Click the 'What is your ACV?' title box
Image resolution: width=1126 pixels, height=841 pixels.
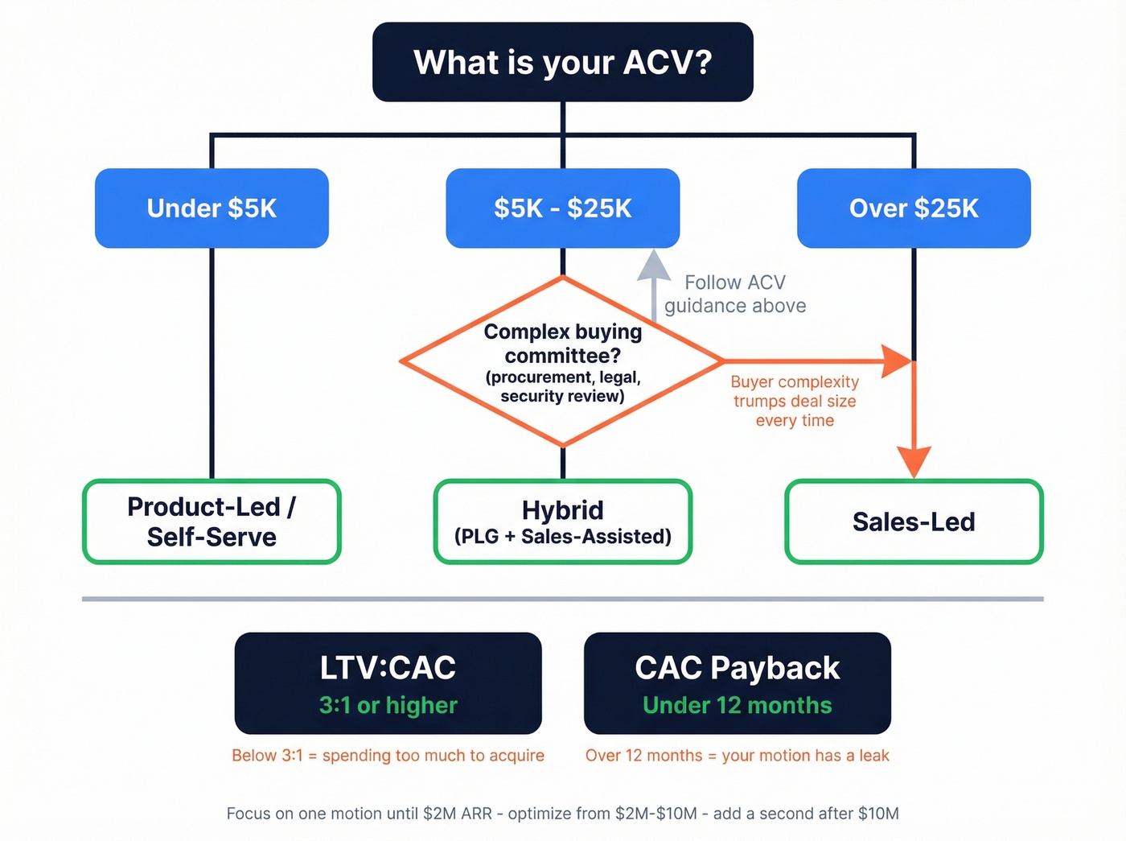point(562,62)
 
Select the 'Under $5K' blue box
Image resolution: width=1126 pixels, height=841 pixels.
point(212,208)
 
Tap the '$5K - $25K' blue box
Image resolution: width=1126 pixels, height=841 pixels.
point(562,208)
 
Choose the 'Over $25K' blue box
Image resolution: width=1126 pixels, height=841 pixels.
point(914,208)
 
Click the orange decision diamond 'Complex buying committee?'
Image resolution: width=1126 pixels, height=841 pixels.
point(562,362)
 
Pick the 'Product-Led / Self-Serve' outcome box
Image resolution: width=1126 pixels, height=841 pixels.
point(212,522)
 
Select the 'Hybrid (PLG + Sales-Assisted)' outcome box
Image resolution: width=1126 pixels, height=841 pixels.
point(562,522)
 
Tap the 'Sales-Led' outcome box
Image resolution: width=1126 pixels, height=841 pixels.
point(914,522)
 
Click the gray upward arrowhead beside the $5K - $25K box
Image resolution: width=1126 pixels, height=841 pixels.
point(654,266)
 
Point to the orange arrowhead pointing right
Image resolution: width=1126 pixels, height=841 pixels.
point(895,361)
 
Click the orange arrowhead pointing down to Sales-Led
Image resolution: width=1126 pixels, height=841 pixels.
point(914,461)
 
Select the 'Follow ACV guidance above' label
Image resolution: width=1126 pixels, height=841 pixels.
point(734,294)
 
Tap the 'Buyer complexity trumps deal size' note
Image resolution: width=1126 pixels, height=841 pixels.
point(795,401)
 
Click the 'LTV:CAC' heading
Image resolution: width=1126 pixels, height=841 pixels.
point(388,668)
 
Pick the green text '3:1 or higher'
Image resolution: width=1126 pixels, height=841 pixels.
point(388,706)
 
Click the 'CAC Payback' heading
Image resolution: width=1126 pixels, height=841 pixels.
point(737,668)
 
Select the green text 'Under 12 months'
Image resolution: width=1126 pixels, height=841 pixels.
point(737,706)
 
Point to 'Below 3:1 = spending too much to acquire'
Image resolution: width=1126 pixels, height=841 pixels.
point(388,756)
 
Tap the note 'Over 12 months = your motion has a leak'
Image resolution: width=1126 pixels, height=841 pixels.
point(737,756)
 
